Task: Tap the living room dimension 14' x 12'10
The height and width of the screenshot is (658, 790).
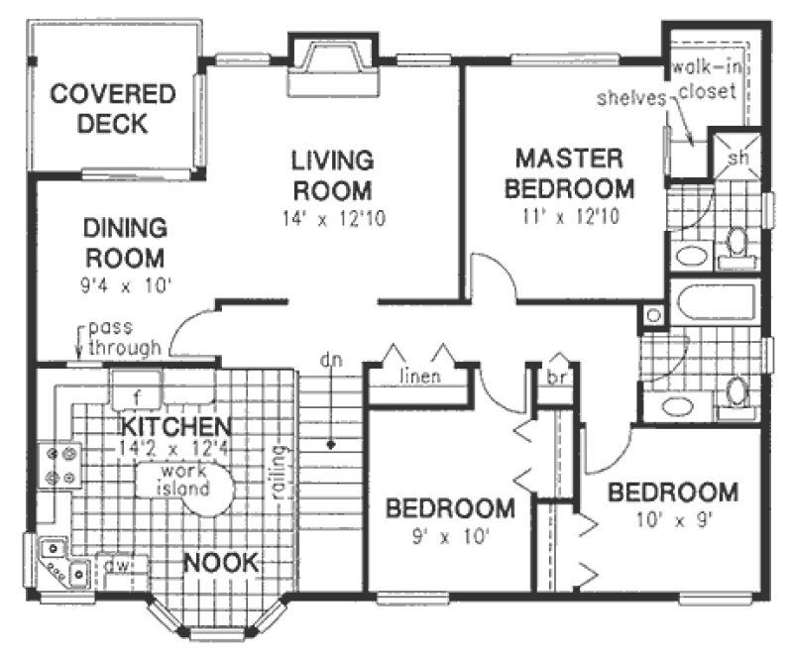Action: tap(331, 216)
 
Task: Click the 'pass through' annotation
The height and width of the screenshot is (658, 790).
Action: tap(123, 338)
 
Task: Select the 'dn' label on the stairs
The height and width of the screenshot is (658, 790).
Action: tap(326, 360)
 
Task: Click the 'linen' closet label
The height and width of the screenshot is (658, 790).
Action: tap(419, 378)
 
